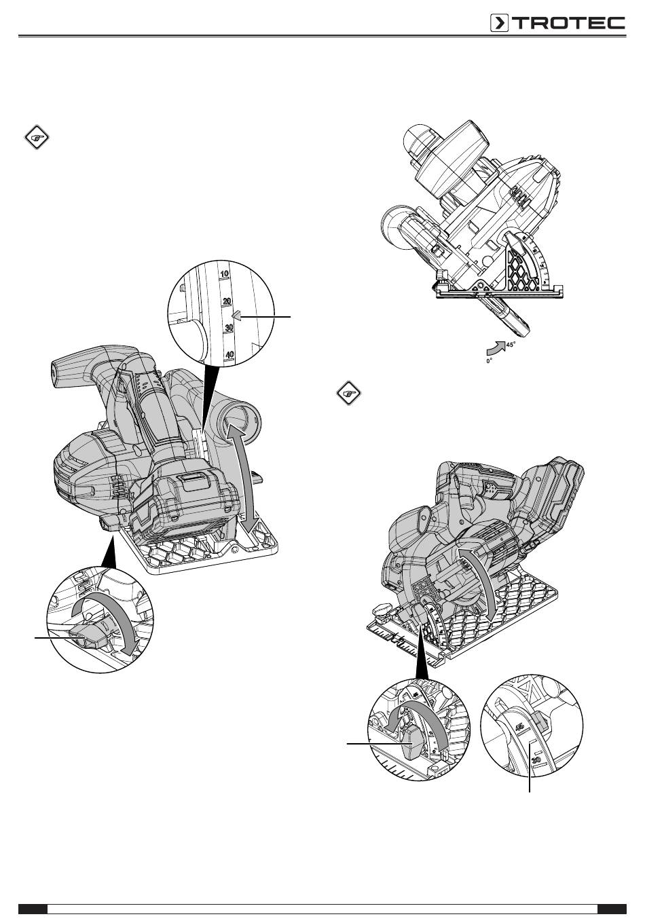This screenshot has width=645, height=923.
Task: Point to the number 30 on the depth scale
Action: click(x=229, y=328)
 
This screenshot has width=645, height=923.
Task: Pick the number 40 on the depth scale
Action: click(x=229, y=354)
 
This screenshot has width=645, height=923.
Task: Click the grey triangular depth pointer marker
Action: click(x=236, y=316)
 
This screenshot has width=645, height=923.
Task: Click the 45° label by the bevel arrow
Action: click(x=511, y=345)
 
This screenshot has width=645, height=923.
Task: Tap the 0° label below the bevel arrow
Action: click(x=489, y=362)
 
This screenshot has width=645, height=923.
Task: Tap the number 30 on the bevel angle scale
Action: click(x=536, y=761)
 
